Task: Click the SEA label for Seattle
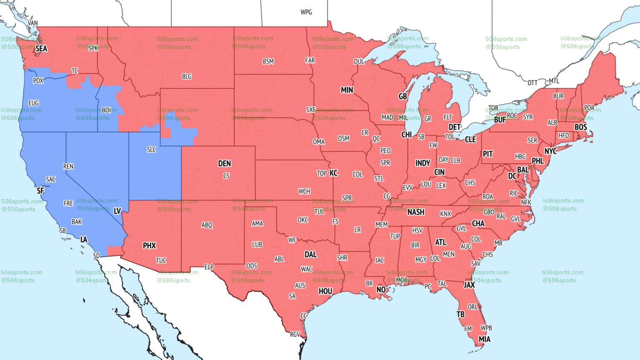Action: [x=41, y=49]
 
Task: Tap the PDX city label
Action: [x=38, y=81]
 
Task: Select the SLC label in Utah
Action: [x=151, y=150]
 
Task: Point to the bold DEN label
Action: [x=225, y=164]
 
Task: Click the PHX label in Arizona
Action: [x=149, y=246]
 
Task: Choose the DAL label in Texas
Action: [x=310, y=255]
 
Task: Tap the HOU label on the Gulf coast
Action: [x=325, y=291]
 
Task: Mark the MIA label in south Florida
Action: [x=484, y=339]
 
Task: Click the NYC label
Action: [x=550, y=151]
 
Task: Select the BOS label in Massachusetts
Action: [x=580, y=127]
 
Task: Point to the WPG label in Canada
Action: [x=306, y=12]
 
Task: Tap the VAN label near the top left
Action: [x=33, y=23]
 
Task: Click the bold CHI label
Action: [x=406, y=135]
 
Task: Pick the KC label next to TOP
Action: [x=333, y=173]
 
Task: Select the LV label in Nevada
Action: [x=117, y=211]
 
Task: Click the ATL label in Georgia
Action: [x=440, y=242]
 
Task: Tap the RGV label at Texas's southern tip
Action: [x=295, y=334]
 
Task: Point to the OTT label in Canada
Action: [x=532, y=82]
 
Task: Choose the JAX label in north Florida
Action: [x=469, y=285]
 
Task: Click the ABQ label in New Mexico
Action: [x=207, y=225]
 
